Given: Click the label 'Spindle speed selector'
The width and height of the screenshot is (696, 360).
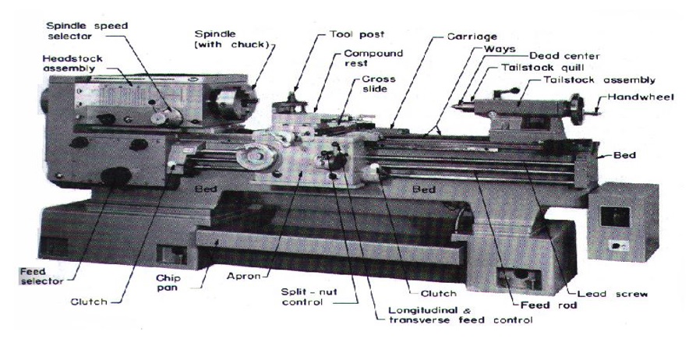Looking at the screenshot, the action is click(87, 31).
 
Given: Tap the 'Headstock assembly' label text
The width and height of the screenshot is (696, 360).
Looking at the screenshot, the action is click(72, 63).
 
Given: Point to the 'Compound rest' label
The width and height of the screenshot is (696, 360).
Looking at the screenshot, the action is click(373, 58).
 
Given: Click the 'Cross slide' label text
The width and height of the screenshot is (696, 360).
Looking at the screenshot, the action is click(378, 84).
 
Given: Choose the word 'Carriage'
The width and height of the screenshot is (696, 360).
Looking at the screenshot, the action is click(472, 37).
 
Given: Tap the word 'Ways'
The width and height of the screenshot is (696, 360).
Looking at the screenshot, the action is click(500, 49).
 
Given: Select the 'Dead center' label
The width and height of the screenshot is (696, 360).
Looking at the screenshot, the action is click(564, 56).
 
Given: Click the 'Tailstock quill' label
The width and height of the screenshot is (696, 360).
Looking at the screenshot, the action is click(542, 68).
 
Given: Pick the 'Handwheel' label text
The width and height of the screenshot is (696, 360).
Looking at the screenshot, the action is click(641, 97).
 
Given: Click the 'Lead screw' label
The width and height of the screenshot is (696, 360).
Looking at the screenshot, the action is click(613, 294).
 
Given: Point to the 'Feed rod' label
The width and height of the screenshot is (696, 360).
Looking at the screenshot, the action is click(549, 305).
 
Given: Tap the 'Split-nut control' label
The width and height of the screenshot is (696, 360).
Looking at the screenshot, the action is click(309, 298).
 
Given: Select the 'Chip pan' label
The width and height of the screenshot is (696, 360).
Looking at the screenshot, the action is click(168, 283).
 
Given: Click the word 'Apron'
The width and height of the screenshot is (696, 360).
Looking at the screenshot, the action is click(244, 276).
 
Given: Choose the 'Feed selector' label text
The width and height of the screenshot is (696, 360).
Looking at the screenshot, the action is click(41, 276).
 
